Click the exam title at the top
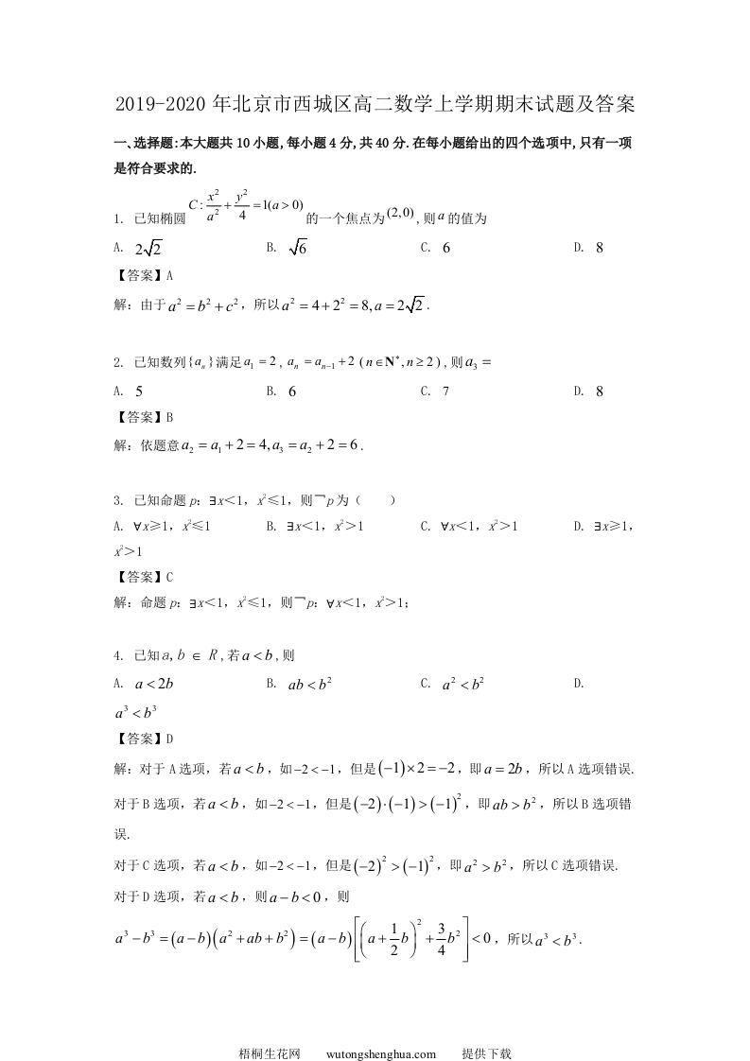(x=375, y=102)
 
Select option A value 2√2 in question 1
(x=149, y=249)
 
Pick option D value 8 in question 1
(x=600, y=248)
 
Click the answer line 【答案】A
(x=143, y=276)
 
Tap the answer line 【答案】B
(x=143, y=417)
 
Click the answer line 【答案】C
(x=143, y=576)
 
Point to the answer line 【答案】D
(x=143, y=739)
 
